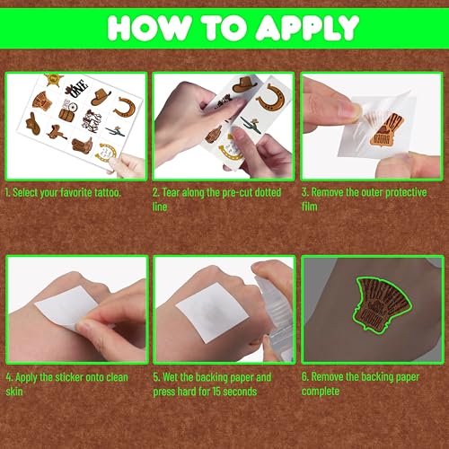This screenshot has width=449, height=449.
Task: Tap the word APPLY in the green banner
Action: tap(306, 27)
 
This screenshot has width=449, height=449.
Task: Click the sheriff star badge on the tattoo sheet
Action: tap(54, 79)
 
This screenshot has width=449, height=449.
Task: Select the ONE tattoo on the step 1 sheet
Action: tap(76, 88)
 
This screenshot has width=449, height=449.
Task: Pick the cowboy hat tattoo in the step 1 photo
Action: tap(101, 96)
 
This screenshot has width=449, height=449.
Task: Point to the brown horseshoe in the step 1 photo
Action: tap(125, 107)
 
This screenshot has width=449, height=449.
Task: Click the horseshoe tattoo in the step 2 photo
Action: tap(271, 97)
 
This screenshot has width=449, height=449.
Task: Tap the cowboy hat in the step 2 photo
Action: tap(244, 84)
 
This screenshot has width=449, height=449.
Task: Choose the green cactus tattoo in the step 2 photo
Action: tap(251, 126)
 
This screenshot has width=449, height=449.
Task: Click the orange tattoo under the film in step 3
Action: tap(386, 130)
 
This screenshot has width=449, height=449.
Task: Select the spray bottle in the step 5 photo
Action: tap(274, 314)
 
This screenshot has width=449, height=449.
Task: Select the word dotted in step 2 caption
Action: tap(268, 192)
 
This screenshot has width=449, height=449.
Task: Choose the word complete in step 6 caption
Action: tap(321, 392)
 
